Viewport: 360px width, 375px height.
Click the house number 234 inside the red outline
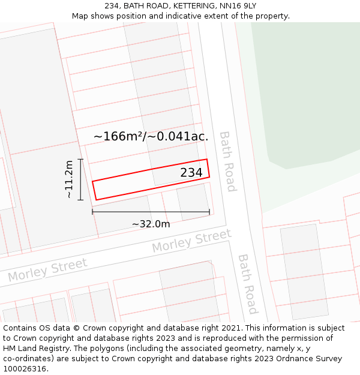coord(191,173)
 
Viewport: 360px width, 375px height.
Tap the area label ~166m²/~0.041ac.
coord(151,136)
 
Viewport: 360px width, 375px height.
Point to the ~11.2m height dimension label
coord(69,179)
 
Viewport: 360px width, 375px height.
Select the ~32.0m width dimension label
coord(151,224)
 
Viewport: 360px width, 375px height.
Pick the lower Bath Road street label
coord(247,284)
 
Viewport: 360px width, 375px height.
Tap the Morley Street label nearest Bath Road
coord(191,241)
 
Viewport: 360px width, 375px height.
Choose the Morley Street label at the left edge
coord(47,270)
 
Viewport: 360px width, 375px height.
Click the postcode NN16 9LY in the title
coord(239,6)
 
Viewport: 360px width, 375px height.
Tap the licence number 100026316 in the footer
coord(25,369)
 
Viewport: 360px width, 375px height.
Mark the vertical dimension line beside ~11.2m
coord(80,179)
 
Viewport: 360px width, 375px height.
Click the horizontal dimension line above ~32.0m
coord(151,211)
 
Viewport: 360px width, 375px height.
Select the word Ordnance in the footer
coord(291,359)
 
